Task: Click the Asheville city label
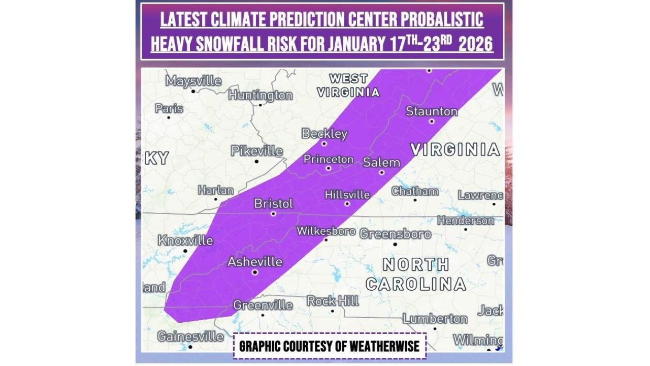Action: (x=254, y=262)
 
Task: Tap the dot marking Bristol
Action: (x=273, y=214)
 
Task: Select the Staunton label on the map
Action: (x=432, y=111)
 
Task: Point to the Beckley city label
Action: (x=324, y=134)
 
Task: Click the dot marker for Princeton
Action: (x=328, y=168)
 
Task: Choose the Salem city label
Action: (x=381, y=163)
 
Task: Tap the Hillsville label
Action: (x=347, y=195)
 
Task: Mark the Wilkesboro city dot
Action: (x=326, y=239)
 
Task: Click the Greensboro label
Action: (x=395, y=234)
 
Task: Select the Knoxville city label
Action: (x=185, y=240)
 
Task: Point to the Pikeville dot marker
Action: (x=256, y=162)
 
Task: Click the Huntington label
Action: (x=261, y=95)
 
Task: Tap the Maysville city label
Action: (x=193, y=81)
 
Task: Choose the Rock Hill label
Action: (x=333, y=301)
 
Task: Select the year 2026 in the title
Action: (x=476, y=44)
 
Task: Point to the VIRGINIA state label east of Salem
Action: (x=455, y=149)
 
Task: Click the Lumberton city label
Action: (x=435, y=319)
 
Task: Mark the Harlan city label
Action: (x=216, y=191)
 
